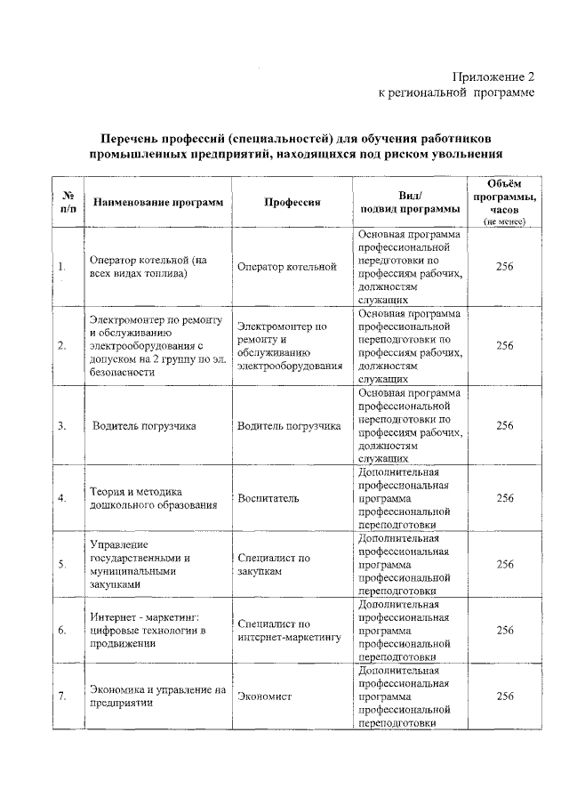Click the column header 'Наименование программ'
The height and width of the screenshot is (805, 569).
158,203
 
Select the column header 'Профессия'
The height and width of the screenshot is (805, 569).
292,203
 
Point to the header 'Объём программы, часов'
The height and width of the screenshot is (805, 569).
504,201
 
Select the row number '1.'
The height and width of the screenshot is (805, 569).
62,266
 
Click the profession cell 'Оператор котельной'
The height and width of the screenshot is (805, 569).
286,266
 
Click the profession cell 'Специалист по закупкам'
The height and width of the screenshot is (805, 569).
274,564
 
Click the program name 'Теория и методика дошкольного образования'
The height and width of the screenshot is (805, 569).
153,498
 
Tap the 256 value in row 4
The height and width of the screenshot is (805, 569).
504,498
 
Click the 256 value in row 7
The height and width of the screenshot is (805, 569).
504,696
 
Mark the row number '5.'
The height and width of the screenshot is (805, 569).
62,564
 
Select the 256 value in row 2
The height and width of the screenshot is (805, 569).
504,346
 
